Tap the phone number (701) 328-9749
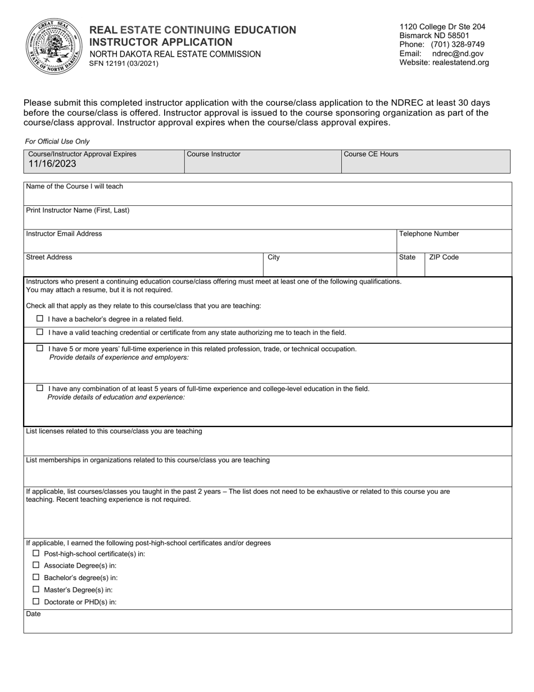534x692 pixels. [458, 44]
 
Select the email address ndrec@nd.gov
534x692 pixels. [458, 53]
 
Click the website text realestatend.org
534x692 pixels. [460, 62]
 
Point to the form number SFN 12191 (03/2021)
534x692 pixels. [124, 64]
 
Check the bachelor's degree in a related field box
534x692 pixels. [40, 318]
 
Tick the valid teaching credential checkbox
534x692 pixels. [40, 332]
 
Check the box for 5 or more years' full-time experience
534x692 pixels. [40, 348]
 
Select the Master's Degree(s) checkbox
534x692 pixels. [36, 589]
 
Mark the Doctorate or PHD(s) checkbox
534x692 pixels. [36, 601]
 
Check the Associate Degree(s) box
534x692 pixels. [36, 565]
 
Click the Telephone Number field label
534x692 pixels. [429, 234]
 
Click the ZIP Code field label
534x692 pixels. [444, 257]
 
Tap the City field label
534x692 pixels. [273, 257]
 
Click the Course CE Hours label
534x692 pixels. [371, 154]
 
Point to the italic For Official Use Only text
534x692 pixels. [57, 142]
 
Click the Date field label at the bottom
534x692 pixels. [33, 614]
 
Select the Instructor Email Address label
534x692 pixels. [64, 233]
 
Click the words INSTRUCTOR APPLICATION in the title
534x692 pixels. [161, 42]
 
